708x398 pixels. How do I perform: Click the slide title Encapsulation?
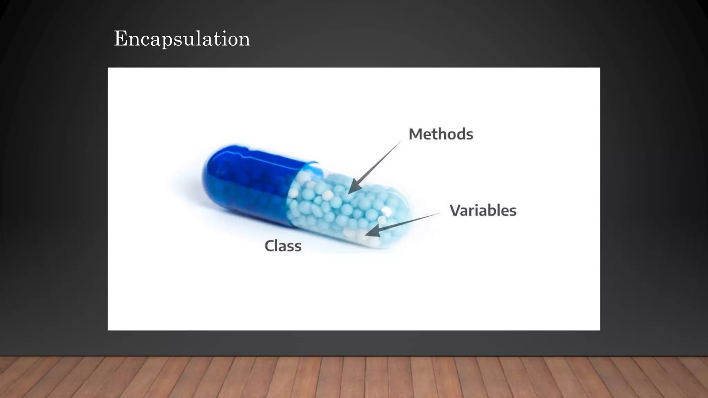(182, 39)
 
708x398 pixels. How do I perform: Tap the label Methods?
(441, 134)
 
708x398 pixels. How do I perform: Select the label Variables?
(483, 210)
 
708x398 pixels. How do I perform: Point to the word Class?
(283, 246)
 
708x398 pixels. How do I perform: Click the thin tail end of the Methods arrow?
(400, 142)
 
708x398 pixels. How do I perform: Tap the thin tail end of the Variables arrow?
(438, 214)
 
